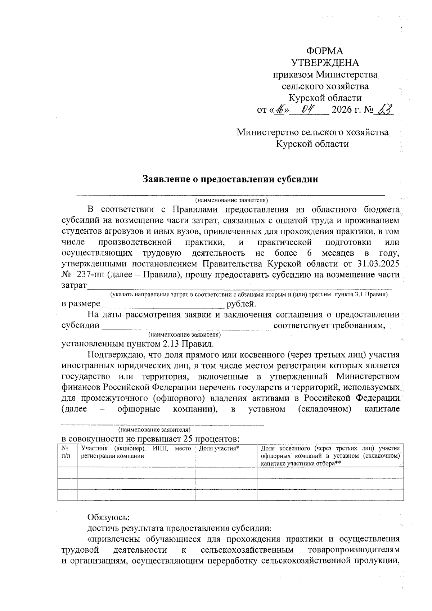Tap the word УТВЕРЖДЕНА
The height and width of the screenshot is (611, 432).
click(x=325, y=63)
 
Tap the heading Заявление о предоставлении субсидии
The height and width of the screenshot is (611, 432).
click(x=230, y=179)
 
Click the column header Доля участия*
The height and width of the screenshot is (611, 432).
click(x=219, y=448)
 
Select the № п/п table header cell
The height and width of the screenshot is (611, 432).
click(x=67, y=452)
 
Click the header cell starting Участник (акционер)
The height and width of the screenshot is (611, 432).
click(x=136, y=452)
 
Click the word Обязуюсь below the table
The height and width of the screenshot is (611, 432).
click(x=108, y=518)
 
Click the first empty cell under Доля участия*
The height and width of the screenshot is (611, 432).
click(x=226, y=473)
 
